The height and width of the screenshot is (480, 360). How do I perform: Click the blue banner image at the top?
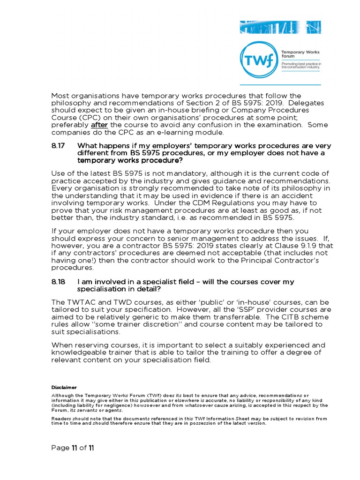[x=280, y=27]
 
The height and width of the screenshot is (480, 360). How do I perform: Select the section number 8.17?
[x=58, y=146]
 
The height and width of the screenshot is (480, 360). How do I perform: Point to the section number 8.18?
[x=58, y=282]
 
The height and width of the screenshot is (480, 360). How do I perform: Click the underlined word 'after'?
[x=99, y=125]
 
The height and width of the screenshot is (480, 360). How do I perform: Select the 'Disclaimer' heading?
[x=63, y=388]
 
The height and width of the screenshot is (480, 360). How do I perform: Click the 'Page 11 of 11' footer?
[x=73, y=448]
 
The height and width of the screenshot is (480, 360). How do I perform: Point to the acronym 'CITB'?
[x=269, y=317]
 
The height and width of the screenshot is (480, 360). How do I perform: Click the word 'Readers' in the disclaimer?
[x=61, y=418]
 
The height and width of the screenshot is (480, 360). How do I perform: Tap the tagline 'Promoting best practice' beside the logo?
[x=300, y=63]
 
